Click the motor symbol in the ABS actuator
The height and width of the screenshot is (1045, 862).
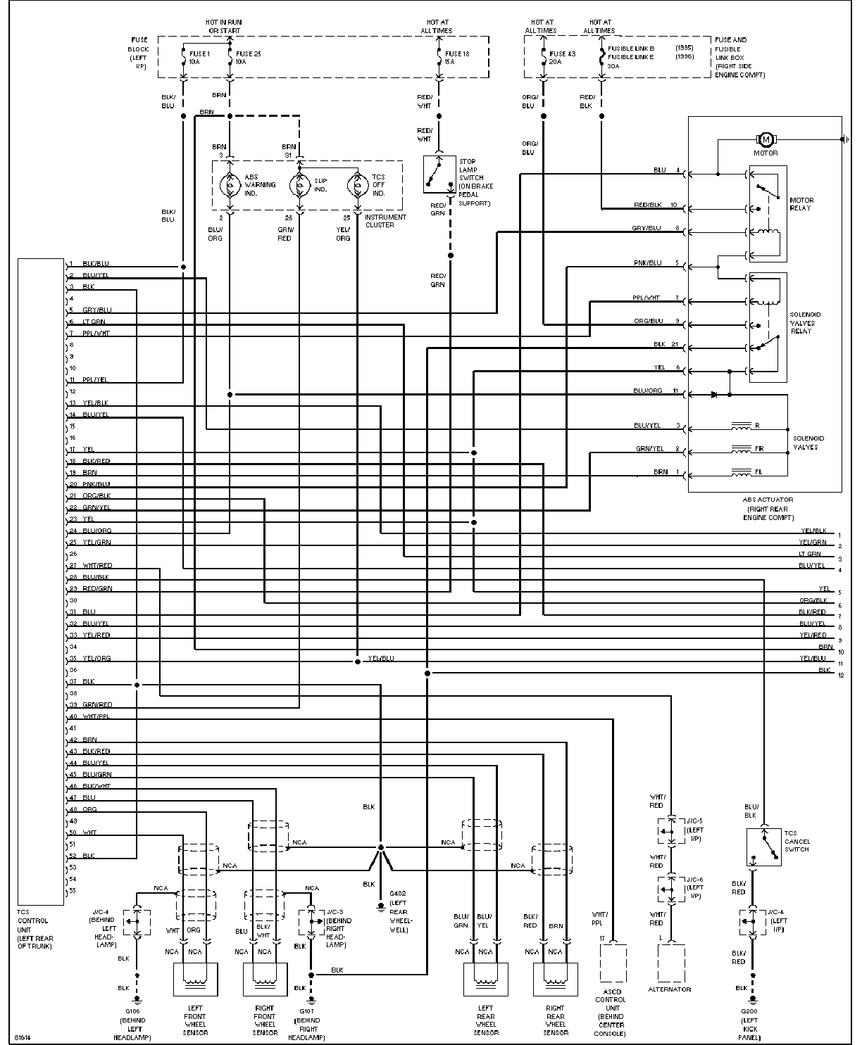(766, 139)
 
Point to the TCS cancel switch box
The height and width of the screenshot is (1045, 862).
(763, 847)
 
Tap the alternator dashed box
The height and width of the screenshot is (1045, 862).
(670, 963)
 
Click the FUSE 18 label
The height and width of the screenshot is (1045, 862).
(458, 53)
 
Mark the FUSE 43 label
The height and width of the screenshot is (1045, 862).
(562, 53)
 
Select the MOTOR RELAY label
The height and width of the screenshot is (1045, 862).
(800, 204)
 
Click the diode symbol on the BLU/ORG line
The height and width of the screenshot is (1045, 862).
(715, 395)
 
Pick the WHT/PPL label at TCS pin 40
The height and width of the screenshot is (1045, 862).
(96, 716)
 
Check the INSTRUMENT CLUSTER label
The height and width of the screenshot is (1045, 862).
(385, 221)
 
